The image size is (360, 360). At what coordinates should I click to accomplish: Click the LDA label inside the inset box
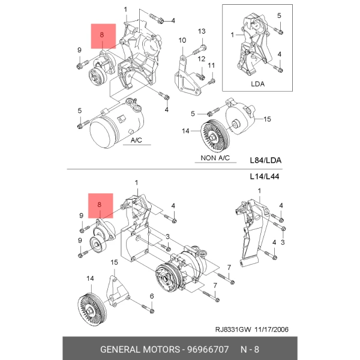pyautogui.click(x=257, y=85)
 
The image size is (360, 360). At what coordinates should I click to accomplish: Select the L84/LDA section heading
pyautogui.click(x=266, y=161)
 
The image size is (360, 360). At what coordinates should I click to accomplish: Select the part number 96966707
pyautogui.click(x=210, y=349)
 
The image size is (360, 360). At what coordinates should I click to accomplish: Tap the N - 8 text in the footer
pyautogui.click(x=250, y=349)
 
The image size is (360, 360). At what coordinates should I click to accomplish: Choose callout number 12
pyautogui.click(x=202, y=59)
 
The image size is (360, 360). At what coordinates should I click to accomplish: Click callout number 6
pyautogui.click(x=152, y=296)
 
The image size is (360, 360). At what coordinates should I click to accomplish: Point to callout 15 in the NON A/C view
pyautogui.click(x=267, y=119)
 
